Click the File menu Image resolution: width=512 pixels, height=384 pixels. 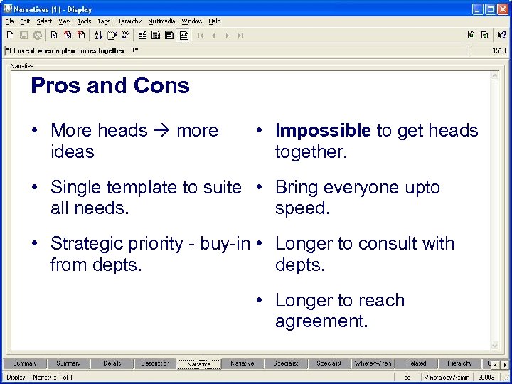[9, 21]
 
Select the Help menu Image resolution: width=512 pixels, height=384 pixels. [215, 21]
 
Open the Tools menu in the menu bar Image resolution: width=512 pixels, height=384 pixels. [84, 21]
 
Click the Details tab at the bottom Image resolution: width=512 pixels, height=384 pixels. [112, 363]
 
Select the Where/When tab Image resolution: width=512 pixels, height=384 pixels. [373, 363]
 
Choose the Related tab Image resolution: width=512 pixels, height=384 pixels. [416, 363]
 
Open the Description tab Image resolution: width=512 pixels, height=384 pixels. [155, 363]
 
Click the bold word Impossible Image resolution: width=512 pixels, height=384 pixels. [323, 131]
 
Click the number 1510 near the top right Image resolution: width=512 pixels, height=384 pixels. [498, 50]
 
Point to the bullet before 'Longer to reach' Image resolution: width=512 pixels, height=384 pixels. [261, 301]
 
